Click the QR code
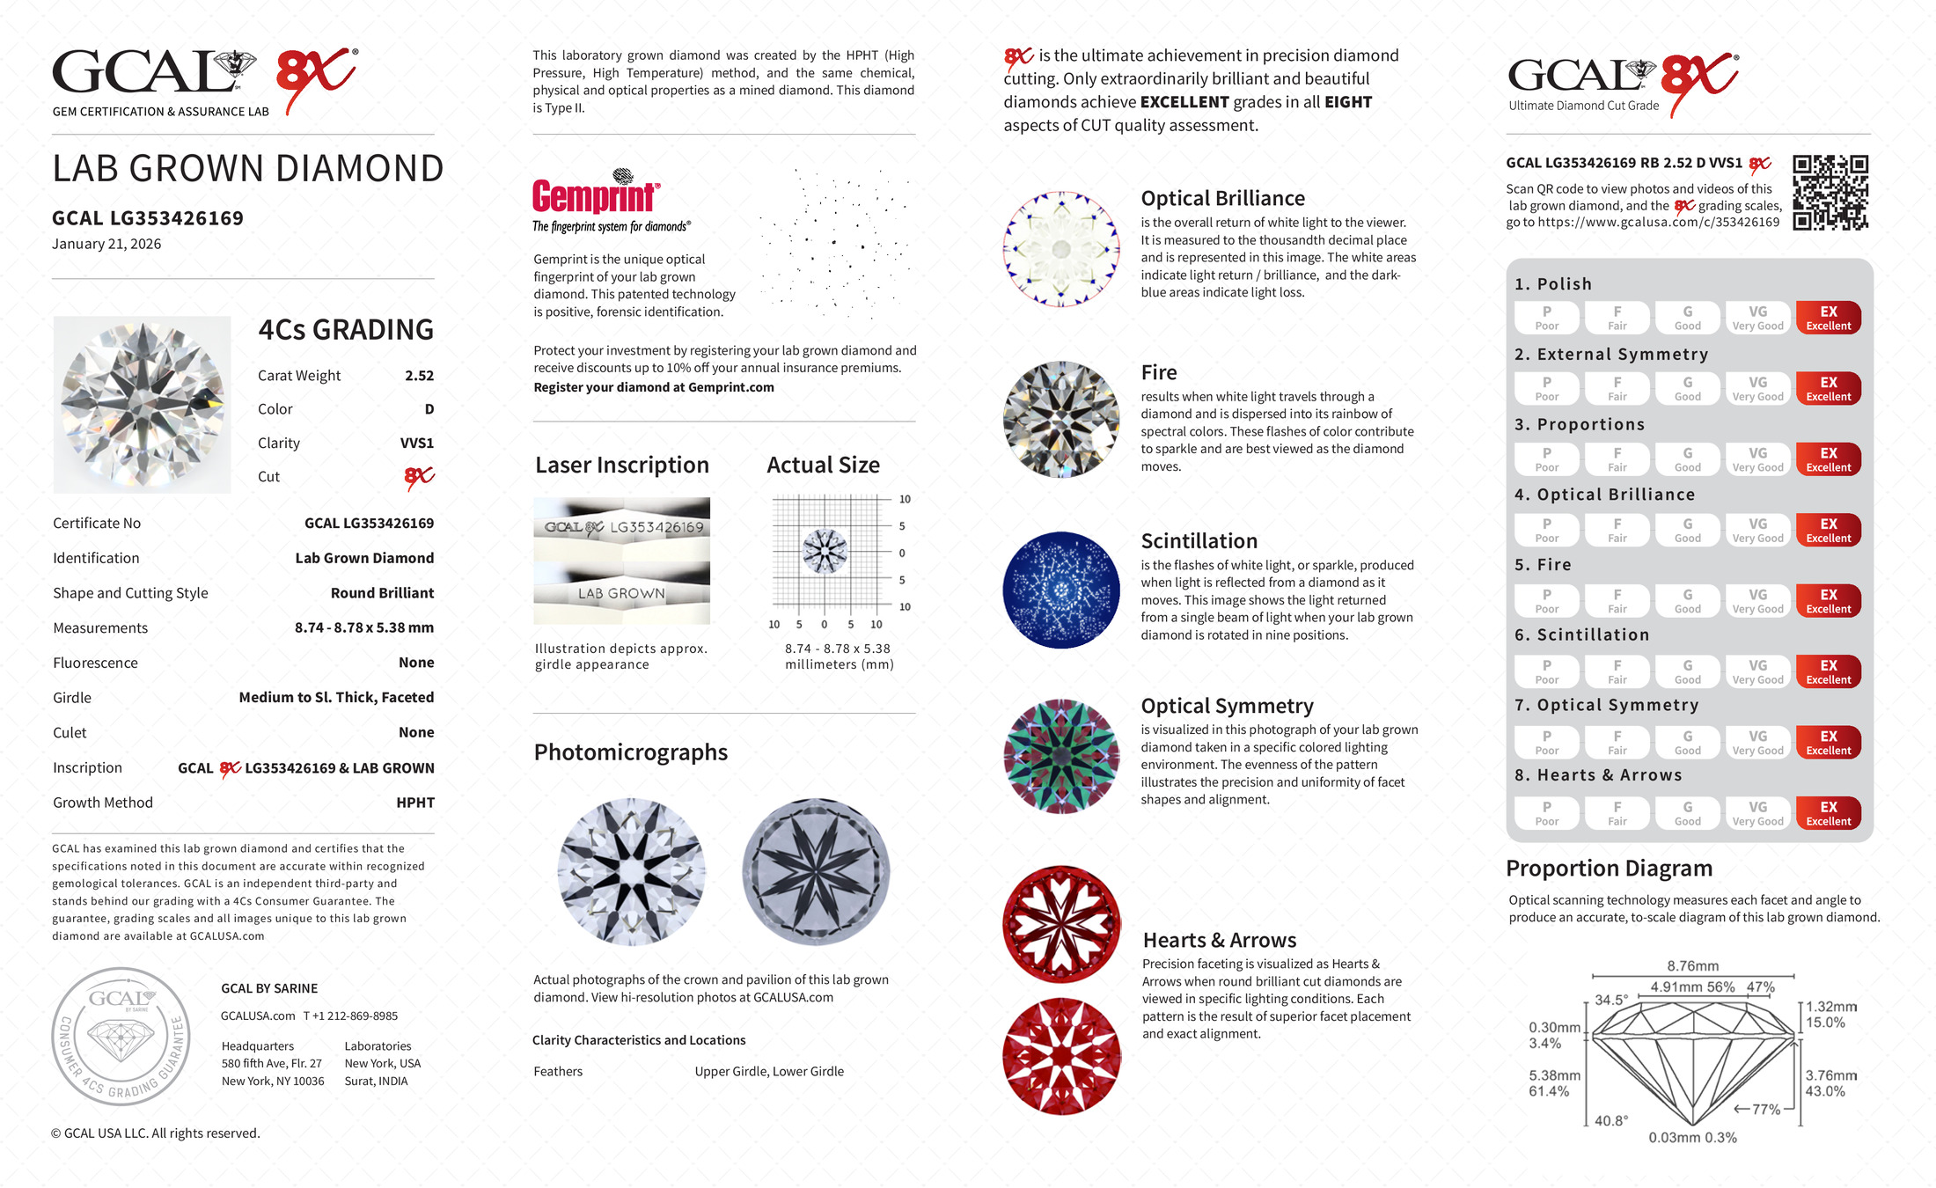point(1830,192)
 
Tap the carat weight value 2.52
point(419,376)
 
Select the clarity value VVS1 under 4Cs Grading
point(416,444)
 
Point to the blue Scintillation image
point(1061,590)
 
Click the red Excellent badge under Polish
point(1828,318)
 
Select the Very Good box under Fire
point(1757,601)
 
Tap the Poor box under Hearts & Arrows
point(1546,813)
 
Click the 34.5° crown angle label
point(1611,1001)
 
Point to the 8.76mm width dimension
point(1692,966)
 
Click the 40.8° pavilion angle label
point(1611,1121)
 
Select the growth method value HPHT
point(415,803)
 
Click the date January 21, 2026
point(106,245)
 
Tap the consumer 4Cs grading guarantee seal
point(121,1037)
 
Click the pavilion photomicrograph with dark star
point(816,872)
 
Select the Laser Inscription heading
point(622,466)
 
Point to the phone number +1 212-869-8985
point(351,1016)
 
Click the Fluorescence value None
point(416,663)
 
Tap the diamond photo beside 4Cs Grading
point(142,405)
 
